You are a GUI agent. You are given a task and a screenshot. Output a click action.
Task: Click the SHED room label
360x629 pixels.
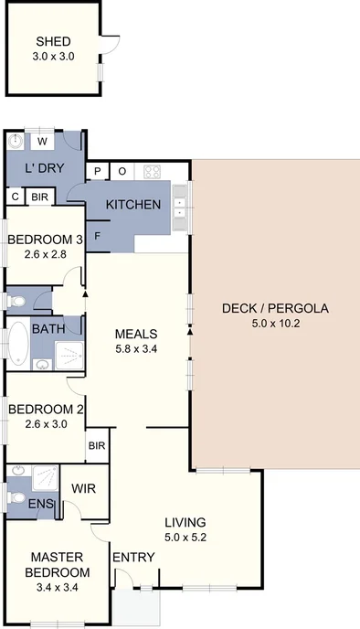tap(54, 41)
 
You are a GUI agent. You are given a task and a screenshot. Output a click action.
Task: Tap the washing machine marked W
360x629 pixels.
tap(42, 143)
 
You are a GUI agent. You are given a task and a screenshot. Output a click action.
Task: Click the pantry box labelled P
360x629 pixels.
tap(97, 171)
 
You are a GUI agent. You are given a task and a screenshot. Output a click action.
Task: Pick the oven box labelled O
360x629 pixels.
tap(122, 171)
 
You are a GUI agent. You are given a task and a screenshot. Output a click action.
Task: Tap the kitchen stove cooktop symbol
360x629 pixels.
tap(152, 171)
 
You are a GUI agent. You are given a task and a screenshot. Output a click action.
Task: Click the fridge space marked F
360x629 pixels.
tap(98, 235)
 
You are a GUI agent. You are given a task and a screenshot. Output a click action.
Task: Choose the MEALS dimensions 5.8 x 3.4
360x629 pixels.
tap(137, 348)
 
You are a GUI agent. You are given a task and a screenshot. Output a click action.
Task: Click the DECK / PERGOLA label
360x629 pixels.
tap(274, 308)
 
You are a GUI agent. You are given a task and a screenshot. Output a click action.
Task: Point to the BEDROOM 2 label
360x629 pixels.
tap(46, 409)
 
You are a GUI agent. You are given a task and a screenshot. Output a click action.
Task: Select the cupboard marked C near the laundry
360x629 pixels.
tap(16, 197)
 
